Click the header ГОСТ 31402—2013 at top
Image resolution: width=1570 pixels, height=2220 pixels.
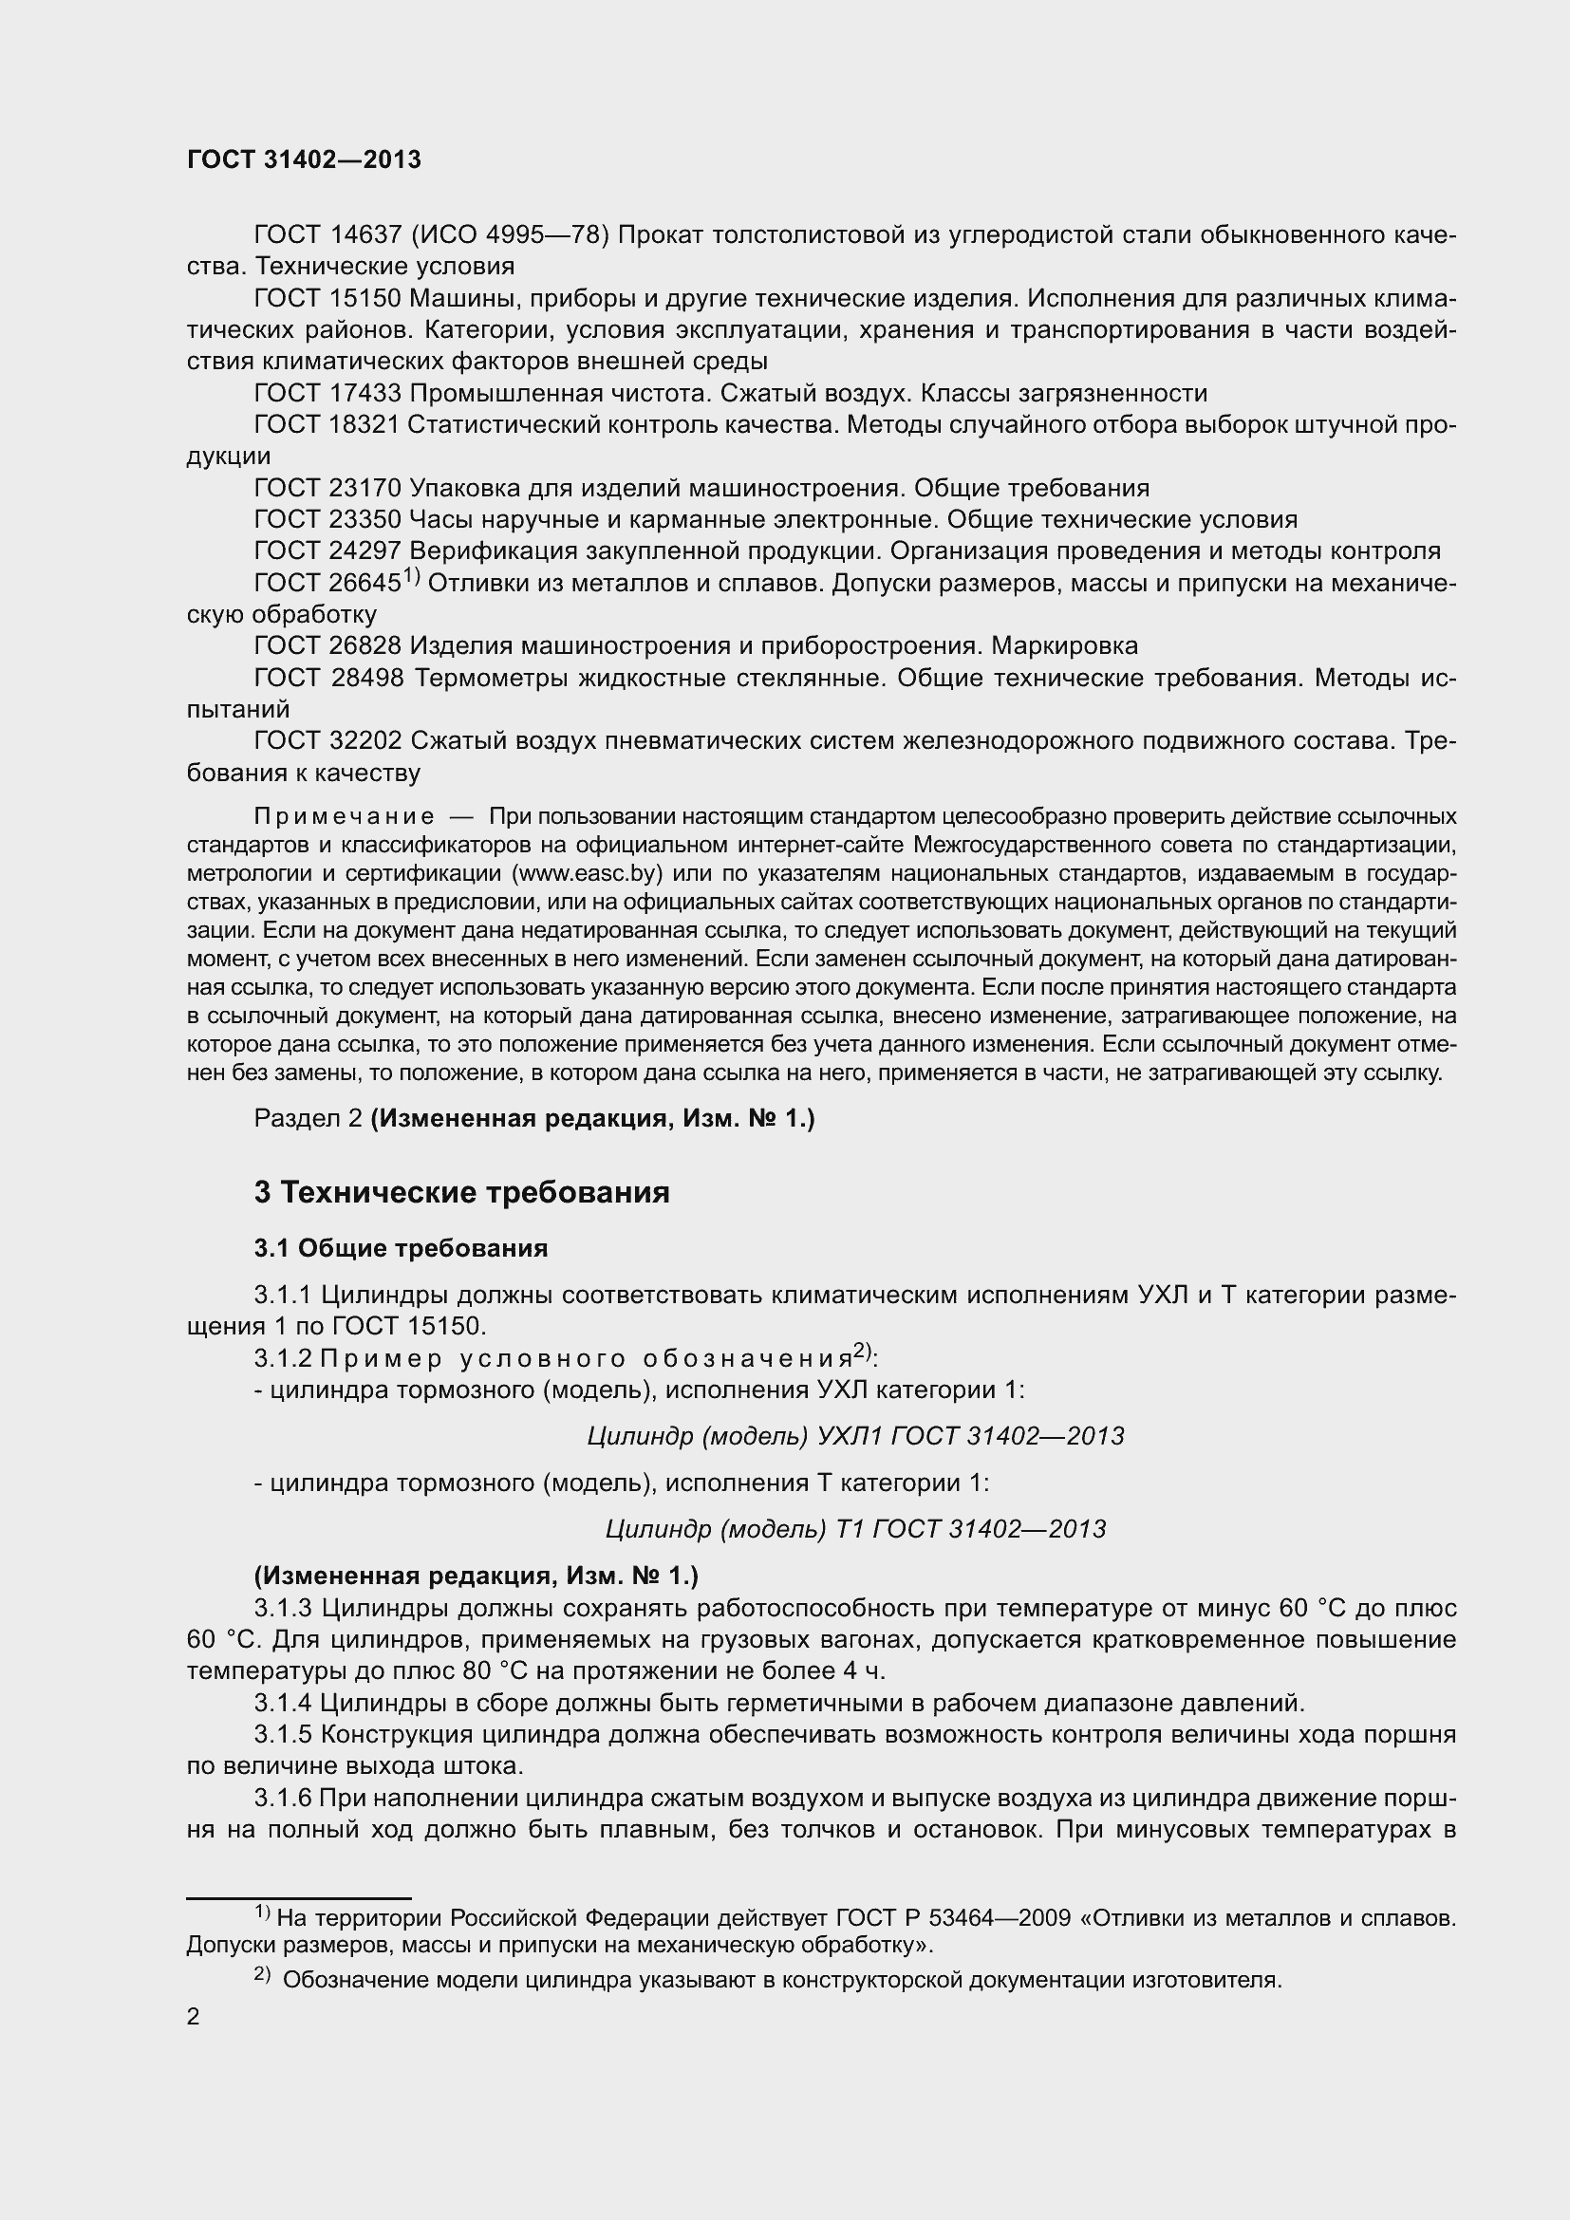(x=304, y=159)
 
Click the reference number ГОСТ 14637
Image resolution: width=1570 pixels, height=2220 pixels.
(x=327, y=235)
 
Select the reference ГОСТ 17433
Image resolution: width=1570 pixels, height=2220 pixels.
(x=327, y=394)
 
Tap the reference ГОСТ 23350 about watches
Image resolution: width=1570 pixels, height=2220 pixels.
(x=327, y=520)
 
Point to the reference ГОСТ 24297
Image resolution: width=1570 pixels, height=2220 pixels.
(x=327, y=551)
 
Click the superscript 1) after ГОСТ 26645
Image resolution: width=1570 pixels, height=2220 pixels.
(x=411, y=577)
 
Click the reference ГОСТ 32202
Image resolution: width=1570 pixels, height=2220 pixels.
(x=327, y=740)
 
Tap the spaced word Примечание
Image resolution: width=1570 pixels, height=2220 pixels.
(x=344, y=817)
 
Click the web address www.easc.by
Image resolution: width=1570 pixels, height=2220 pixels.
(x=590, y=873)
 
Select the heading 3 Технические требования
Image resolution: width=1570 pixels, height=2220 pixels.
(x=461, y=1192)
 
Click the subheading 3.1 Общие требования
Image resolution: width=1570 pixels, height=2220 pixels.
(x=401, y=1248)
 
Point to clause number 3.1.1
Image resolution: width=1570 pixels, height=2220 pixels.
(x=282, y=1295)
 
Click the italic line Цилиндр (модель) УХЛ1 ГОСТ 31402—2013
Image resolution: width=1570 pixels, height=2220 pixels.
(x=854, y=1436)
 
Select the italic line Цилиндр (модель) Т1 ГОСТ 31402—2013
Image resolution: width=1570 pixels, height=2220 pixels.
(x=854, y=1529)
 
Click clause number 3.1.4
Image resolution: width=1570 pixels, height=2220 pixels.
(x=282, y=1703)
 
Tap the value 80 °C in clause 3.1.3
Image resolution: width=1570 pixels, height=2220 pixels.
(x=477, y=1670)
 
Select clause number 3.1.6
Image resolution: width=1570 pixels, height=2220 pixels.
(x=282, y=1798)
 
